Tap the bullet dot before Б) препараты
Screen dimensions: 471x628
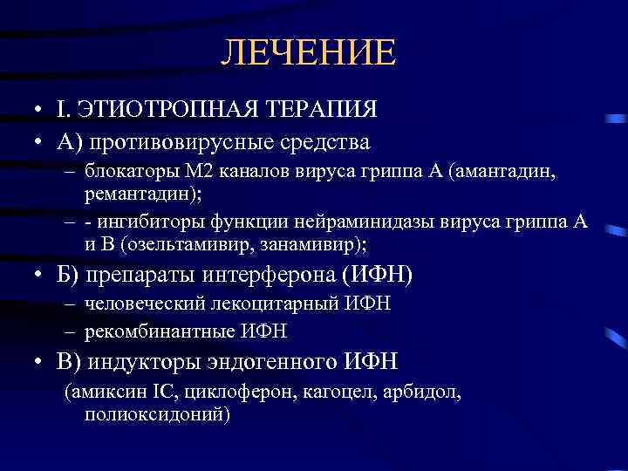pyautogui.click(x=29, y=276)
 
